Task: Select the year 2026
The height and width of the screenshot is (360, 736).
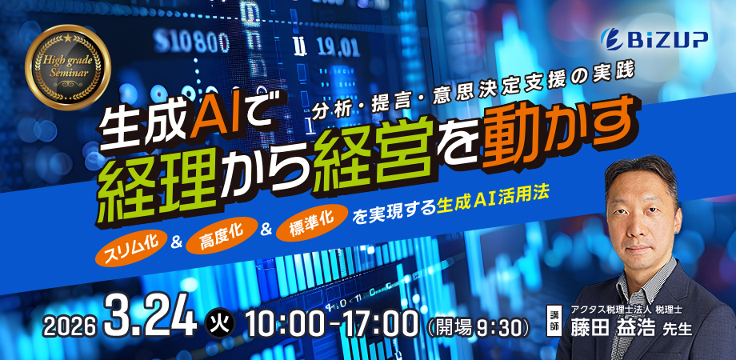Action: (x=70, y=326)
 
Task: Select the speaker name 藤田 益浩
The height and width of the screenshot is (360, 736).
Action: (x=608, y=330)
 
